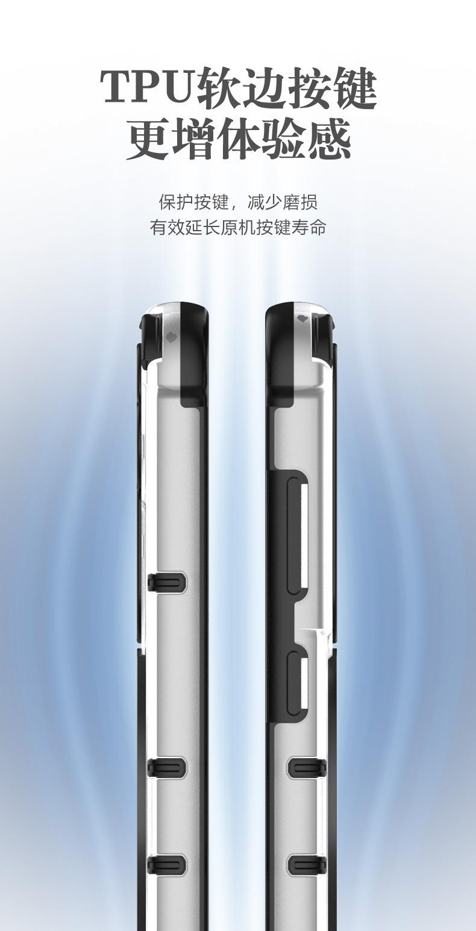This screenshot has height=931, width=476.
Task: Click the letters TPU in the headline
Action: coord(148,87)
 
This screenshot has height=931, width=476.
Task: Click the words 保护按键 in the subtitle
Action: coord(194,202)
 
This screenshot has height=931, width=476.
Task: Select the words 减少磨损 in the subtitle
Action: coord(282,202)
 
